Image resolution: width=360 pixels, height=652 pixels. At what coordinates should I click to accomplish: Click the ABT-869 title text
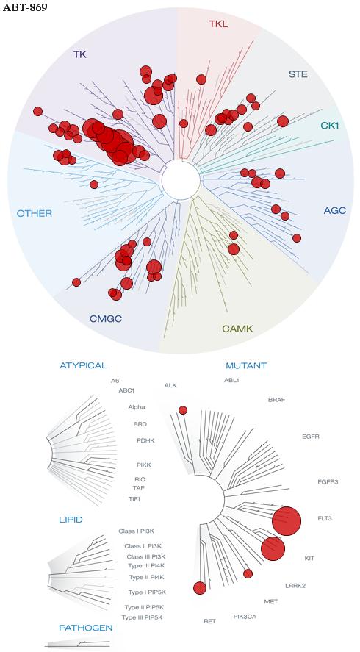[x=24, y=7]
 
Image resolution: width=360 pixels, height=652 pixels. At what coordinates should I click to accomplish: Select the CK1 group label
[x=330, y=125]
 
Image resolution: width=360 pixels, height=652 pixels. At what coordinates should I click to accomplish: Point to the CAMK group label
[x=237, y=329]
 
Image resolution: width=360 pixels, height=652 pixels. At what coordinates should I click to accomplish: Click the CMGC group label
[x=106, y=319]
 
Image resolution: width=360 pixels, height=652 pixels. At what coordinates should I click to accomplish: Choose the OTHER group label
[x=35, y=214]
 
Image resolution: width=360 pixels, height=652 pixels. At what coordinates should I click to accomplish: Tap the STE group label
[x=298, y=75]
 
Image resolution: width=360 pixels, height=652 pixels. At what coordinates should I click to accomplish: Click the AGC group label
[x=334, y=211]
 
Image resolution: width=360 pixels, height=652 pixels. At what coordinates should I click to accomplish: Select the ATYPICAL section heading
[x=84, y=365]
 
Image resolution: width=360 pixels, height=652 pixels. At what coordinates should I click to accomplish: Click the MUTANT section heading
[x=246, y=366]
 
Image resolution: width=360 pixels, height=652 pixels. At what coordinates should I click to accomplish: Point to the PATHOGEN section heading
[x=86, y=628]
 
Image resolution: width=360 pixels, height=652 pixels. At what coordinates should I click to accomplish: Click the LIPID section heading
[x=71, y=520]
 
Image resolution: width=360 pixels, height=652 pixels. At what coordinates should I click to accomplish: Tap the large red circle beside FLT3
[x=287, y=521]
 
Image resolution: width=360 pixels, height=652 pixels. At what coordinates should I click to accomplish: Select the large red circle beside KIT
[x=273, y=549]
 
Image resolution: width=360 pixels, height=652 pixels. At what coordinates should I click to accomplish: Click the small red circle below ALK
[x=183, y=410]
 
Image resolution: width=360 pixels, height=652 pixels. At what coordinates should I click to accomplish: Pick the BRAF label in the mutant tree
[x=277, y=400]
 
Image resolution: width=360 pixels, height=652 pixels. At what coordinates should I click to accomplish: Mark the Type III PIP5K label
[x=142, y=617]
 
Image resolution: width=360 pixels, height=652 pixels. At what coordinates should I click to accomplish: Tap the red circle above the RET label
[x=200, y=588]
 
